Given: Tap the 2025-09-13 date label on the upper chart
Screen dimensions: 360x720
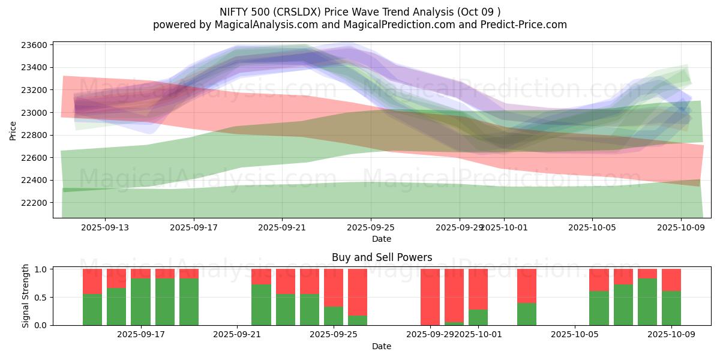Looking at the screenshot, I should coord(105,227).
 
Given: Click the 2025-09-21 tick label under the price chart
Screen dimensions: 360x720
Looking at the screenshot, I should coord(282,227).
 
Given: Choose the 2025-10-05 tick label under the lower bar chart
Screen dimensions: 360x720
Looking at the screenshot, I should coord(575,335).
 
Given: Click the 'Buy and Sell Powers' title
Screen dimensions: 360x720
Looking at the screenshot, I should coord(382,257).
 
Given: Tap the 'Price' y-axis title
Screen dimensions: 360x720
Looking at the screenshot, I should coord(13,130).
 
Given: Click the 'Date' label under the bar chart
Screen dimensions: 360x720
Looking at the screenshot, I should coord(382,346).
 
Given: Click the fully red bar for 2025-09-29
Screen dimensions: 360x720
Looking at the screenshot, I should coord(430,297).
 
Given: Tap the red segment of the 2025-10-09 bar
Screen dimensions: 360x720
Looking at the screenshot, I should coord(671,280).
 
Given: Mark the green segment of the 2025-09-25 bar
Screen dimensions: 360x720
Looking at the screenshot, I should coord(334,316).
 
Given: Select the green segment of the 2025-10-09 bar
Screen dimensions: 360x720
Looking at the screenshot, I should coord(671,308).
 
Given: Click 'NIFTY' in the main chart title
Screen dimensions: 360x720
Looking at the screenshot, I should coord(230,11).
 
